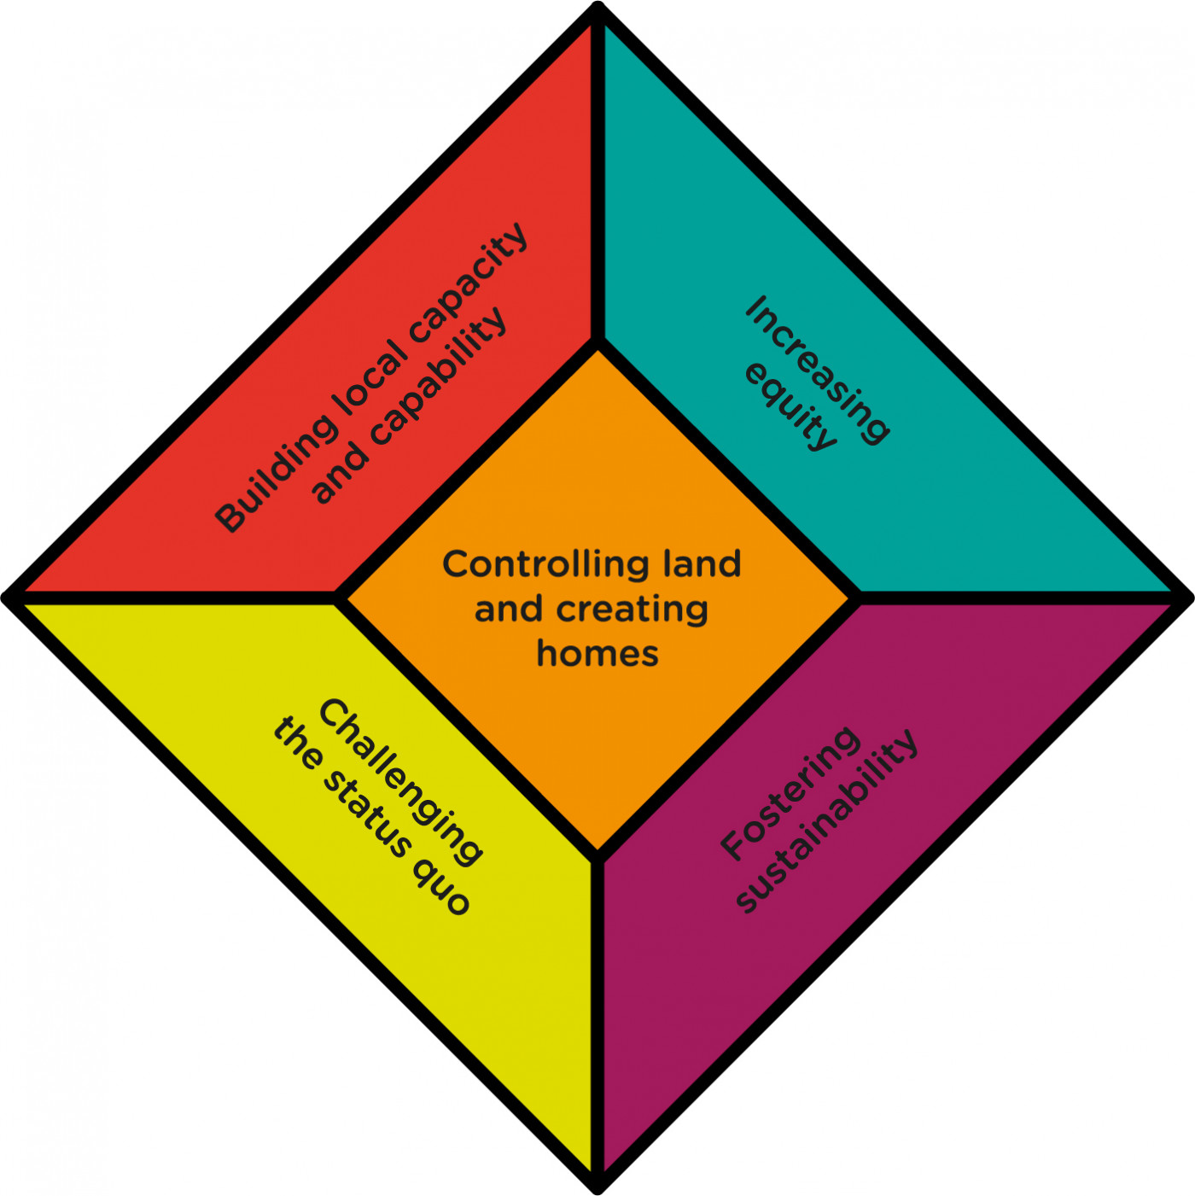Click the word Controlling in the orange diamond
click(x=535, y=565)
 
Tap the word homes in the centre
click(x=597, y=654)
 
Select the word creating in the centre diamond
click(x=632, y=610)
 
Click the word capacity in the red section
click(x=469, y=281)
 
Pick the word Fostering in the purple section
click(x=790, y=793)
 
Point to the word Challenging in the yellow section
click(x=400, y=781)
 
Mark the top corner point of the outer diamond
click(x=598, y=7)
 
